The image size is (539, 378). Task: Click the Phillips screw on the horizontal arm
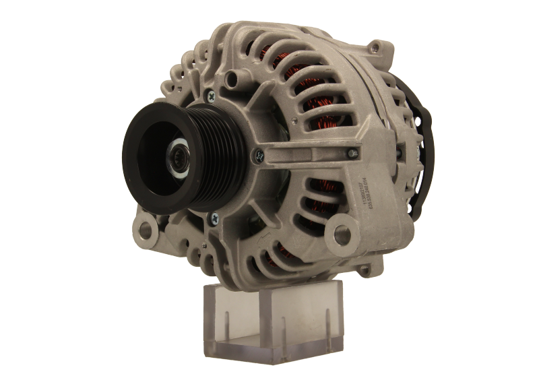click(x=259, y=156)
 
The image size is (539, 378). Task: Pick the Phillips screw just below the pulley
click(x=214, y=216)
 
